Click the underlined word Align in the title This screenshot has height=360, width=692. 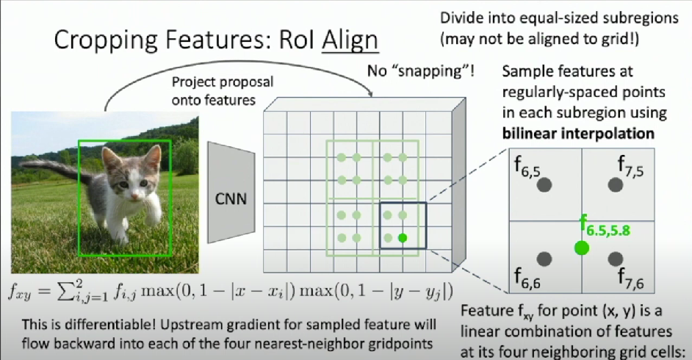[350, 40]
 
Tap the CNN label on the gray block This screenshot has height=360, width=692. [231, 198]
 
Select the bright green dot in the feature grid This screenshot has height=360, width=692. [402, 238]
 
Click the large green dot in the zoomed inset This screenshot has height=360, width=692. [582, 248]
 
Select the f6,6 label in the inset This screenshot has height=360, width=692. [527, 278]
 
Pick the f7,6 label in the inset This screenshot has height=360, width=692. [630, 278]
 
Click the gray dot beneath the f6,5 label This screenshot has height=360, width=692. [544, 184]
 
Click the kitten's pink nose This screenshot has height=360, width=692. [134, 195]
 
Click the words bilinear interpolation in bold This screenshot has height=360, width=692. [578, 133]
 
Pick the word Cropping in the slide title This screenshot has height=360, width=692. [100, 40]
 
